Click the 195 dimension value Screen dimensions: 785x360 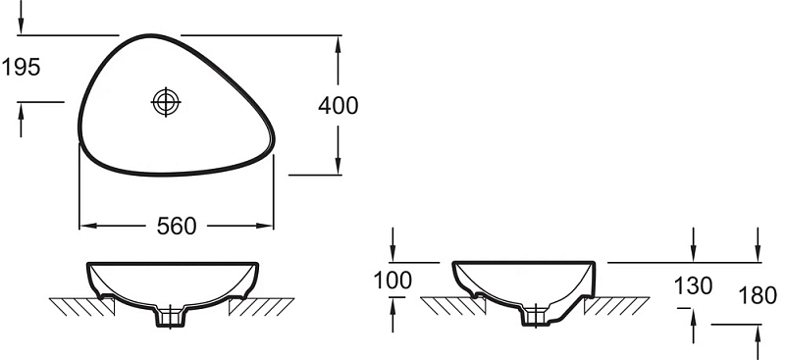tap(21, 67)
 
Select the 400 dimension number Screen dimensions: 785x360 tap(339, 106)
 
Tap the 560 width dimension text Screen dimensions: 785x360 tap(177, 227)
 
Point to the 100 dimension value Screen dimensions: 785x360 tap(393, 281)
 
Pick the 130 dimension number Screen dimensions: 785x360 tap(694, 286)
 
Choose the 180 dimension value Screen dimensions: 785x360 tap(758, 296)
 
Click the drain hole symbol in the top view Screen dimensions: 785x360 tap(166, 102)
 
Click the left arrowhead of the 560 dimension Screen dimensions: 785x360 tap(87, 226)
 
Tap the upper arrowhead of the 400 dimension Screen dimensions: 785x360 tap(338, 44)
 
